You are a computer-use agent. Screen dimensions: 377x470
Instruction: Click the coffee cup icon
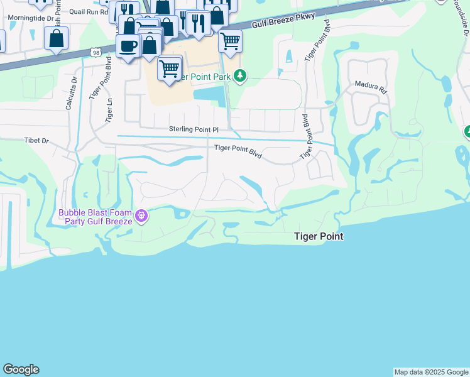pyautogui.click(x=128, y=46)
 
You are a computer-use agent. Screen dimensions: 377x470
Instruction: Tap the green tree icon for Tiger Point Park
pyautogui.click(x=239, y=76)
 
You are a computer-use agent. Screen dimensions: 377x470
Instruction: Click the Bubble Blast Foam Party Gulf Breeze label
pyautogui.click(x=96, y=217)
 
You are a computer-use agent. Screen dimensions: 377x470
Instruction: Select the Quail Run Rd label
pyautogui.click(x=89, y=11)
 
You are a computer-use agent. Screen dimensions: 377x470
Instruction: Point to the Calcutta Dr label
pyautogui.click(x=70, y=94)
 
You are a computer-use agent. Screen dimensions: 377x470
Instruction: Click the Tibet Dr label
pyautogui.click(x=36, y=141)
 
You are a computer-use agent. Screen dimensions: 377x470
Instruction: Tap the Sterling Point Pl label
pyautogui.click(x=194, y=129)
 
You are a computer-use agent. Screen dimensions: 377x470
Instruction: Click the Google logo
pyautogui.click(x=21, y=369)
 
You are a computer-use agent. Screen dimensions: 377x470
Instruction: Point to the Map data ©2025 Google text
pyautogui.click(x=430, y=372)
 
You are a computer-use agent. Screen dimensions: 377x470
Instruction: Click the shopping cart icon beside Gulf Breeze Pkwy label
pyautogui.click(x=230, y=41)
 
